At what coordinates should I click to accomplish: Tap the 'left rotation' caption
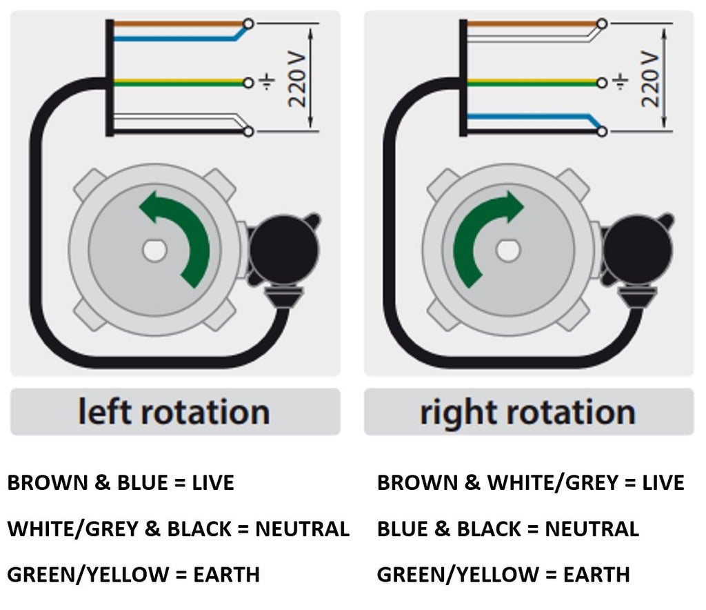(x=174, y=412)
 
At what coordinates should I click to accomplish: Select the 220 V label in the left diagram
(x=297, y=80)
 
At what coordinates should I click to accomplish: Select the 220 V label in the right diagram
(x=650, y=80)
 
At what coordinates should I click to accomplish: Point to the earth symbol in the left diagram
(x=267, y=81)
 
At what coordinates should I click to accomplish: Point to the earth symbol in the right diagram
(x=621, y=81)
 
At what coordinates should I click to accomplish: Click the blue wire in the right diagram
(x=532, y=117)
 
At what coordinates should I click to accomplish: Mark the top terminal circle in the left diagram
(x=248, y=23)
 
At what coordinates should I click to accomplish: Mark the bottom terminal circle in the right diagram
(x=602, y=131)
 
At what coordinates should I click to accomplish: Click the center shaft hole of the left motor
(x=154, y=250)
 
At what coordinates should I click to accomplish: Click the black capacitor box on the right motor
(x=638, y=248)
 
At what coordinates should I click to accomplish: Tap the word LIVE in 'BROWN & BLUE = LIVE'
(x=213, y=482)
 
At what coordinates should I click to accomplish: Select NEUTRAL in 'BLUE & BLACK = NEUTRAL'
(x=592, y=529)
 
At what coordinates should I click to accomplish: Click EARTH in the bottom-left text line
(x=226, y=575)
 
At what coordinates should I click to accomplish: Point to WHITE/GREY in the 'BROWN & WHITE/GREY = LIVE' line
(x=554, y=482)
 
